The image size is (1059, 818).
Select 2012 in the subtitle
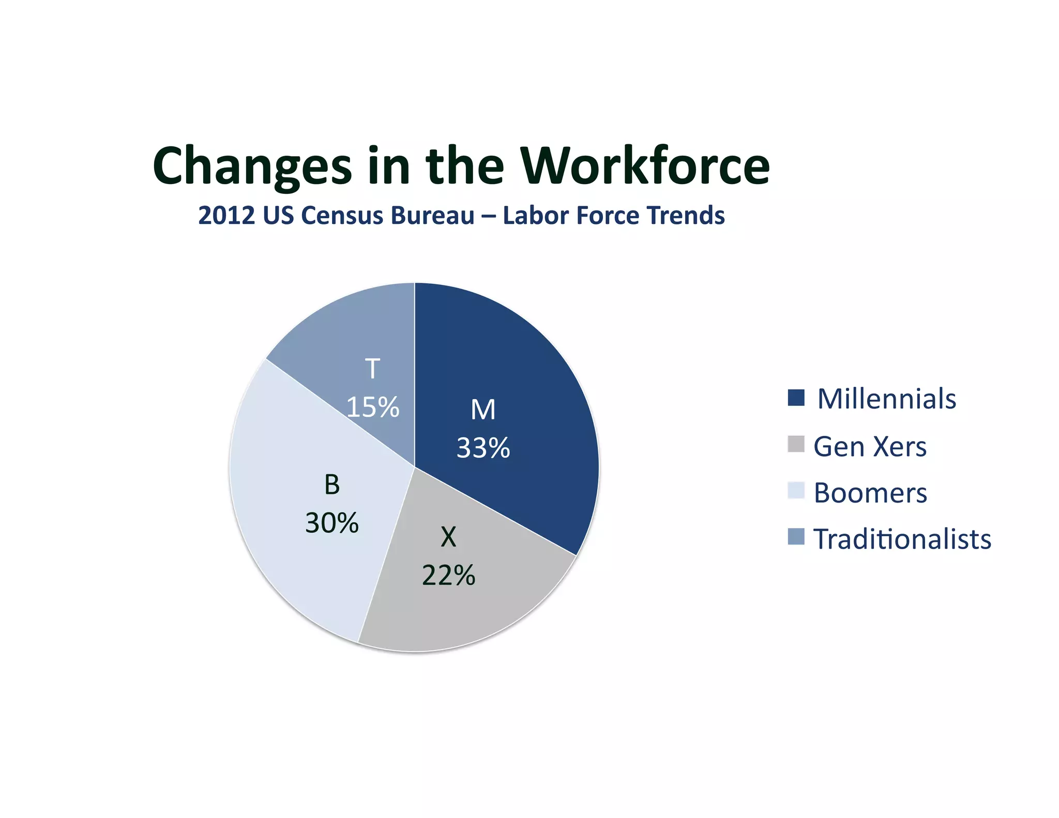click(226, 216)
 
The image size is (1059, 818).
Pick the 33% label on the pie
click(483, 448)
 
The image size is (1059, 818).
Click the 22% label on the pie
click(448, 575)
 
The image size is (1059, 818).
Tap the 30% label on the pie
click(332, 523)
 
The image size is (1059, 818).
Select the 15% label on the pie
click(373, 407)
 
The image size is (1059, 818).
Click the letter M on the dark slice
click(483, 410)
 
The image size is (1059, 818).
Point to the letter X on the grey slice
click(448, 537)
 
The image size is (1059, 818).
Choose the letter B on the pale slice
click(332, 485)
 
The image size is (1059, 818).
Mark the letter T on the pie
click(372, 369)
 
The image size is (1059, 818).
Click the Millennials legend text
click(886, 399)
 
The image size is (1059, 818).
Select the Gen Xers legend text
click(870, 446)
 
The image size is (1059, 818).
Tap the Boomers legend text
click(870, 493)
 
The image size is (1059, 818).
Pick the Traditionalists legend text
click(902, 539)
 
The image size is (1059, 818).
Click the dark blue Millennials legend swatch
click(796, 398)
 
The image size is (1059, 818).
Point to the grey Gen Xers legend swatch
click(796, 444)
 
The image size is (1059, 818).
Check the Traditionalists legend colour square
click(796, 536)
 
